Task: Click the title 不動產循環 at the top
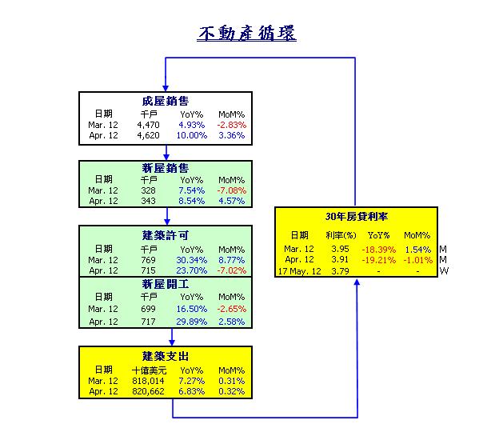coord(246,34)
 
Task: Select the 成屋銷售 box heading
coord(166,102)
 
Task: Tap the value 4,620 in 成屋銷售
coord(148,135)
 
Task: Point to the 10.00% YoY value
coord(192,135)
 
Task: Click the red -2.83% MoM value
coord(232,125)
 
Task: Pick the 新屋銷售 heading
coord(166,168)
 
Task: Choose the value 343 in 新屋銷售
coord(148,201)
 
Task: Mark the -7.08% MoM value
coord(232,190)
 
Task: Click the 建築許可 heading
coord(166,235)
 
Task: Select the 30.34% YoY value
coord(192,260)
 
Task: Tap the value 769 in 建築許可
coord(148,260)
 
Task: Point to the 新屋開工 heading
coord(166,284)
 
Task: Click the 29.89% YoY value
coord(192,322)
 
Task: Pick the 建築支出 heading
coord(166,357)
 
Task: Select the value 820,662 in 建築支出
coord(148,391)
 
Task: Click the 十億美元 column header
coord(149,370)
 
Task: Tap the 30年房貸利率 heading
coord(357,217)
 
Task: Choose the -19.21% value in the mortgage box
coord(378,260)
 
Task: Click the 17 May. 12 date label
coord(299,271)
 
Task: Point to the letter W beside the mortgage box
coord(444,271)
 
